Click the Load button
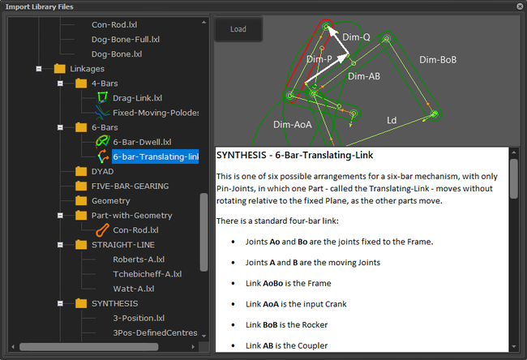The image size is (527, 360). coord(238,29)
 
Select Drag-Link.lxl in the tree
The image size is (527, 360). coord(138,98)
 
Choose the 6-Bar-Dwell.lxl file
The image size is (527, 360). coord(142,142)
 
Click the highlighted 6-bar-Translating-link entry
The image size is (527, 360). coord(156,156)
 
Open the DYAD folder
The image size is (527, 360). coord(102,171)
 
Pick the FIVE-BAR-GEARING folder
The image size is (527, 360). coord(130,186)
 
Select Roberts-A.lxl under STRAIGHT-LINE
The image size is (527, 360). coord(139,259)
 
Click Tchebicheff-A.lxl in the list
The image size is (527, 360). coord(148,274)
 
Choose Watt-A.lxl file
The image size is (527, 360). coord(134,289)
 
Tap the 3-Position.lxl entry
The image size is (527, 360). coord(139,318)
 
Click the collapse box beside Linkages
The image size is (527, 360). coord(39,69)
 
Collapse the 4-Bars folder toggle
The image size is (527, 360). coord(60,84)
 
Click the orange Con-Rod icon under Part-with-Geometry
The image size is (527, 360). coord(102,230)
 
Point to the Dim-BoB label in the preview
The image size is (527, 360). coord(438,60)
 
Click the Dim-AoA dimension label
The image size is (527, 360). coord(293,125)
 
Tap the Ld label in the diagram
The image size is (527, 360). coord(392,120)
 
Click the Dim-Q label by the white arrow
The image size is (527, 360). coord(356,37)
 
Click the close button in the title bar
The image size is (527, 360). coord(520,6)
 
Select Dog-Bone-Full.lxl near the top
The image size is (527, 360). coord(126,40)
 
